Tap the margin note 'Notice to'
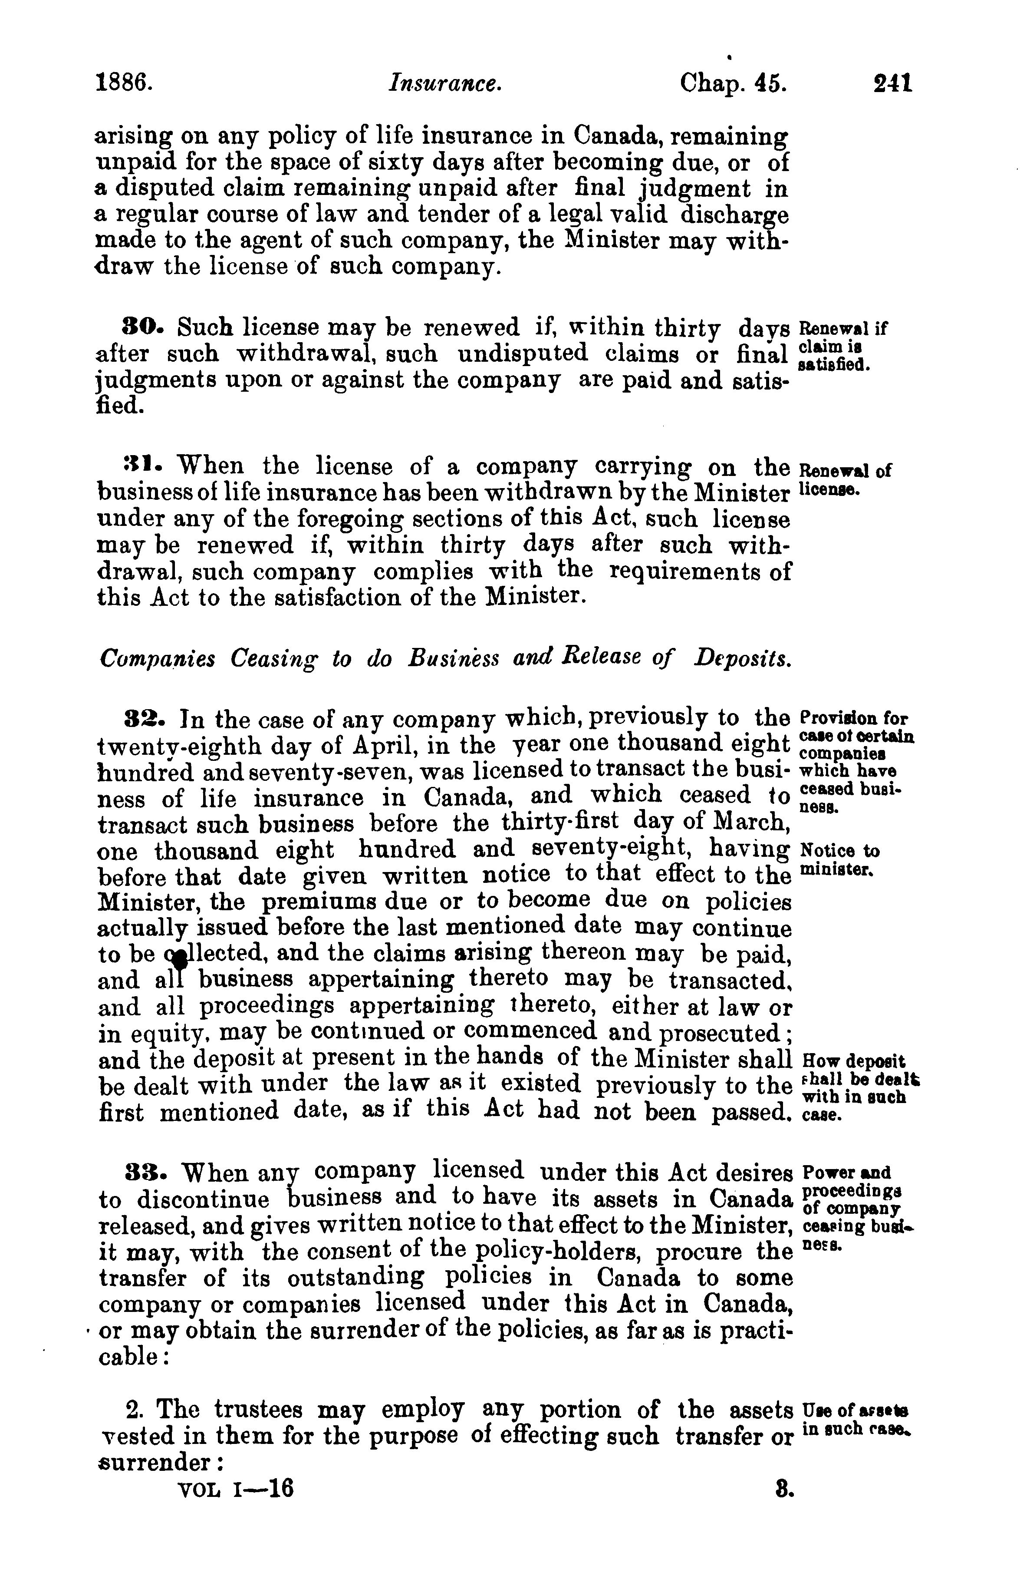(x=840, y=850)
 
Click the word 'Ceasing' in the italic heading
(x=273, y=659)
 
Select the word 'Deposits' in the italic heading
(x=743, y=659)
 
